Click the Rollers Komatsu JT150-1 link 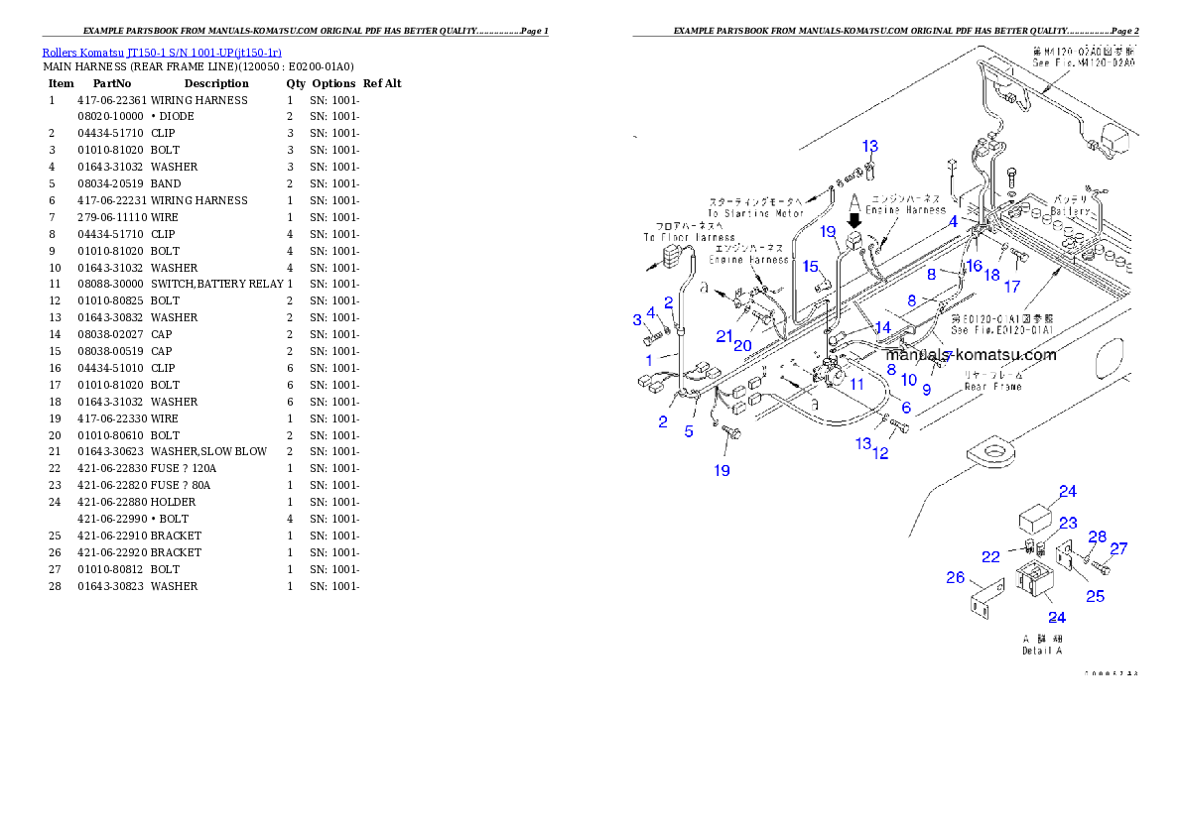tap(162, 53)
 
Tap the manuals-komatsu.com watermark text tap(971, 355)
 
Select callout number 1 tap(638, 319)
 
